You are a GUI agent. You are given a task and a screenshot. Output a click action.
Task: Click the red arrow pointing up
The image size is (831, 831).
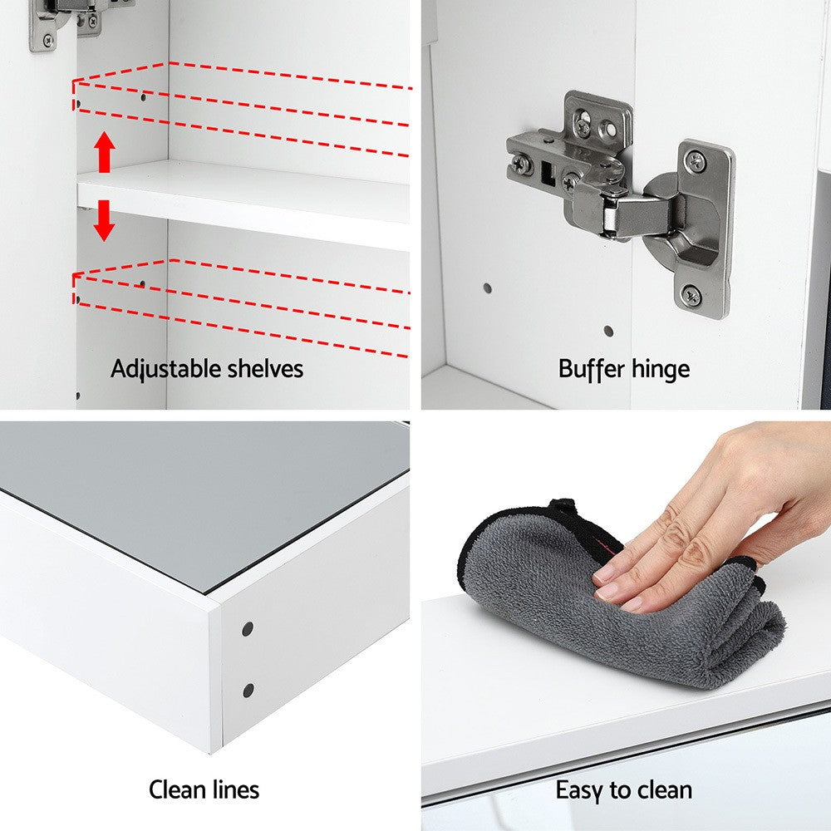tap(105, 152)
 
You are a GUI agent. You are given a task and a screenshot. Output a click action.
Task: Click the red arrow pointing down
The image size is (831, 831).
tap(105, 220)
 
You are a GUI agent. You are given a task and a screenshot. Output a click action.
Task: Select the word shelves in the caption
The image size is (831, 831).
tap(265, 369)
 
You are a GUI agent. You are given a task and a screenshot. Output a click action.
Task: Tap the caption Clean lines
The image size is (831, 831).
tap(204, 789)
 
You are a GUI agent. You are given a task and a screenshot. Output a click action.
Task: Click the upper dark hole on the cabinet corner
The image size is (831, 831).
tap(248, 629)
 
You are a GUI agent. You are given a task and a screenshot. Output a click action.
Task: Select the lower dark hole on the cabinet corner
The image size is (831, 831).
tap(248, 691)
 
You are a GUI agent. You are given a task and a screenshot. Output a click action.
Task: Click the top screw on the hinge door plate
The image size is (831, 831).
tap(695, 160)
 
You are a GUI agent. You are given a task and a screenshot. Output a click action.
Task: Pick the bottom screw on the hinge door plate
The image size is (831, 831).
tap(691, 294)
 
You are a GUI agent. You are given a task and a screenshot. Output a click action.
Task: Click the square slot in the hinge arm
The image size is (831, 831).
tap(547, 174)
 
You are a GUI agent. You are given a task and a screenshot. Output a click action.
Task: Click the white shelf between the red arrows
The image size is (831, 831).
tap(243, 204)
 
